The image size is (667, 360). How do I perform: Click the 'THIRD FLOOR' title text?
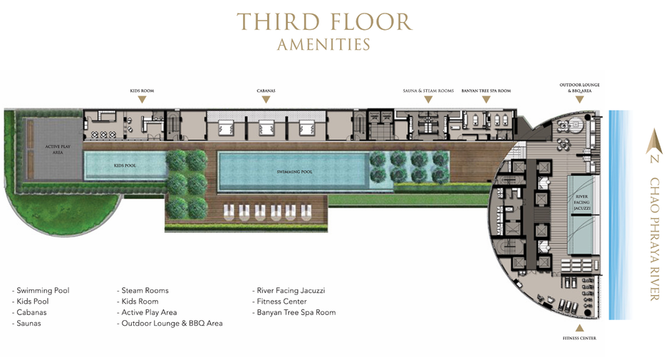pos(324,21)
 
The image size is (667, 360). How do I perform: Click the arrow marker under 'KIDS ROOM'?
pos(142,100)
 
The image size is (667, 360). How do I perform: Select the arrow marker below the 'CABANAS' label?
pos(266,100)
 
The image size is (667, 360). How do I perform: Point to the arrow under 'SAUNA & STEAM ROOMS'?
pos(428,100)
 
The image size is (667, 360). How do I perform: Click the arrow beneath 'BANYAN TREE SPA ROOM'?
pos(486,100)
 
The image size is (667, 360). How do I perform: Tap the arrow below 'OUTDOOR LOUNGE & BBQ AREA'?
pos(579,100)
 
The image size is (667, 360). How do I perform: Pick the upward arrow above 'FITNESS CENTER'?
pos(579,328)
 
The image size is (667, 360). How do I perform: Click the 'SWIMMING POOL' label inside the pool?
pos(294,172)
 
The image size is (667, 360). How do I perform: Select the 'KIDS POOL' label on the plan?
pos(125,165)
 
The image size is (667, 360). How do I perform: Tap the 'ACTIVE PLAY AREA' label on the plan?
pos(58,150)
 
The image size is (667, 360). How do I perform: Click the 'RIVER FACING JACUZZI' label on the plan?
pos(581,202)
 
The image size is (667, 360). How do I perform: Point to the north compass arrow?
pos(654,142)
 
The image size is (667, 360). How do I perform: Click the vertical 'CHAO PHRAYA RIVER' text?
pos(654,239)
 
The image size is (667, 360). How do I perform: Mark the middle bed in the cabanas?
pos(267,127)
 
